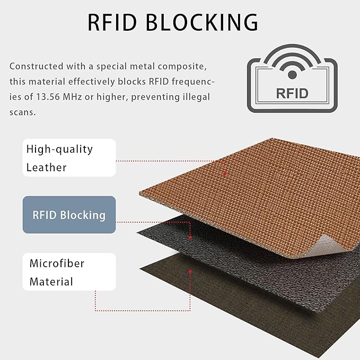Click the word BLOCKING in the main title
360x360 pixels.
click(202, 22)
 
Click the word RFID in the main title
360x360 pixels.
click(112, 22)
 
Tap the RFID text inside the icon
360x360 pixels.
click(292, 93)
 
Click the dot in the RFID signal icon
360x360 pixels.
click(292, 75)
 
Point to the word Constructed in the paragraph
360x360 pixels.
click(36, 66)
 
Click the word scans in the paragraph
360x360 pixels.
click(22, 112)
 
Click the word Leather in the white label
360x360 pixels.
click(46, 168)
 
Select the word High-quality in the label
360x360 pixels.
click(59, 150)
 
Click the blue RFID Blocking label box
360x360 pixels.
click(69, 215)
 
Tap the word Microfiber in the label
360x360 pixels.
click(57, 264)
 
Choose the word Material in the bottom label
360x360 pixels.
click(51, 282)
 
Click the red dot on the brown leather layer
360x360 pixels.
click(225, 174)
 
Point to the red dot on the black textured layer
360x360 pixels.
click(190, 237)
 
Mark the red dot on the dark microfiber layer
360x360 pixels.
click(190, 271)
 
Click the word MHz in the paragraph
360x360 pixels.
click(72, 97)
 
